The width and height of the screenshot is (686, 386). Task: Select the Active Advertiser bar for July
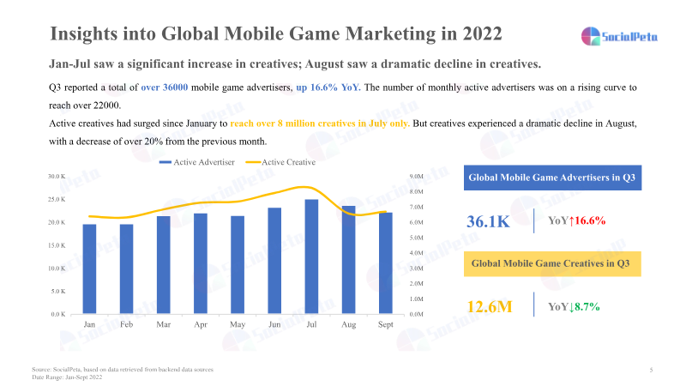[311, 256]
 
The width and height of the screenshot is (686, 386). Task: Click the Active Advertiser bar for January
[89, 268]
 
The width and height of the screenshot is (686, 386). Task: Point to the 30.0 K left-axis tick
[56, 177]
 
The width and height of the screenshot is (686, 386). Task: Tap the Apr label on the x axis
[201, 325]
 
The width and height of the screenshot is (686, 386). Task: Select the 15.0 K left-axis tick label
[56, 245]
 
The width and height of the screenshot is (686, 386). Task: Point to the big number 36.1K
[489, 221]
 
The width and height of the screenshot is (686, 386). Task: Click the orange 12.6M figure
[489, 305]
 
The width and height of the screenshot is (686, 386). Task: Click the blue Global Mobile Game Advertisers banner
[552, 178]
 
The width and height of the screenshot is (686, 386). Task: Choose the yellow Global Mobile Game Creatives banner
[552, 264]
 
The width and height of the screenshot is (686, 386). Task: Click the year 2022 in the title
[475, 34]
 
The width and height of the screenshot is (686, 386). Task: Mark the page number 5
[652, 370]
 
